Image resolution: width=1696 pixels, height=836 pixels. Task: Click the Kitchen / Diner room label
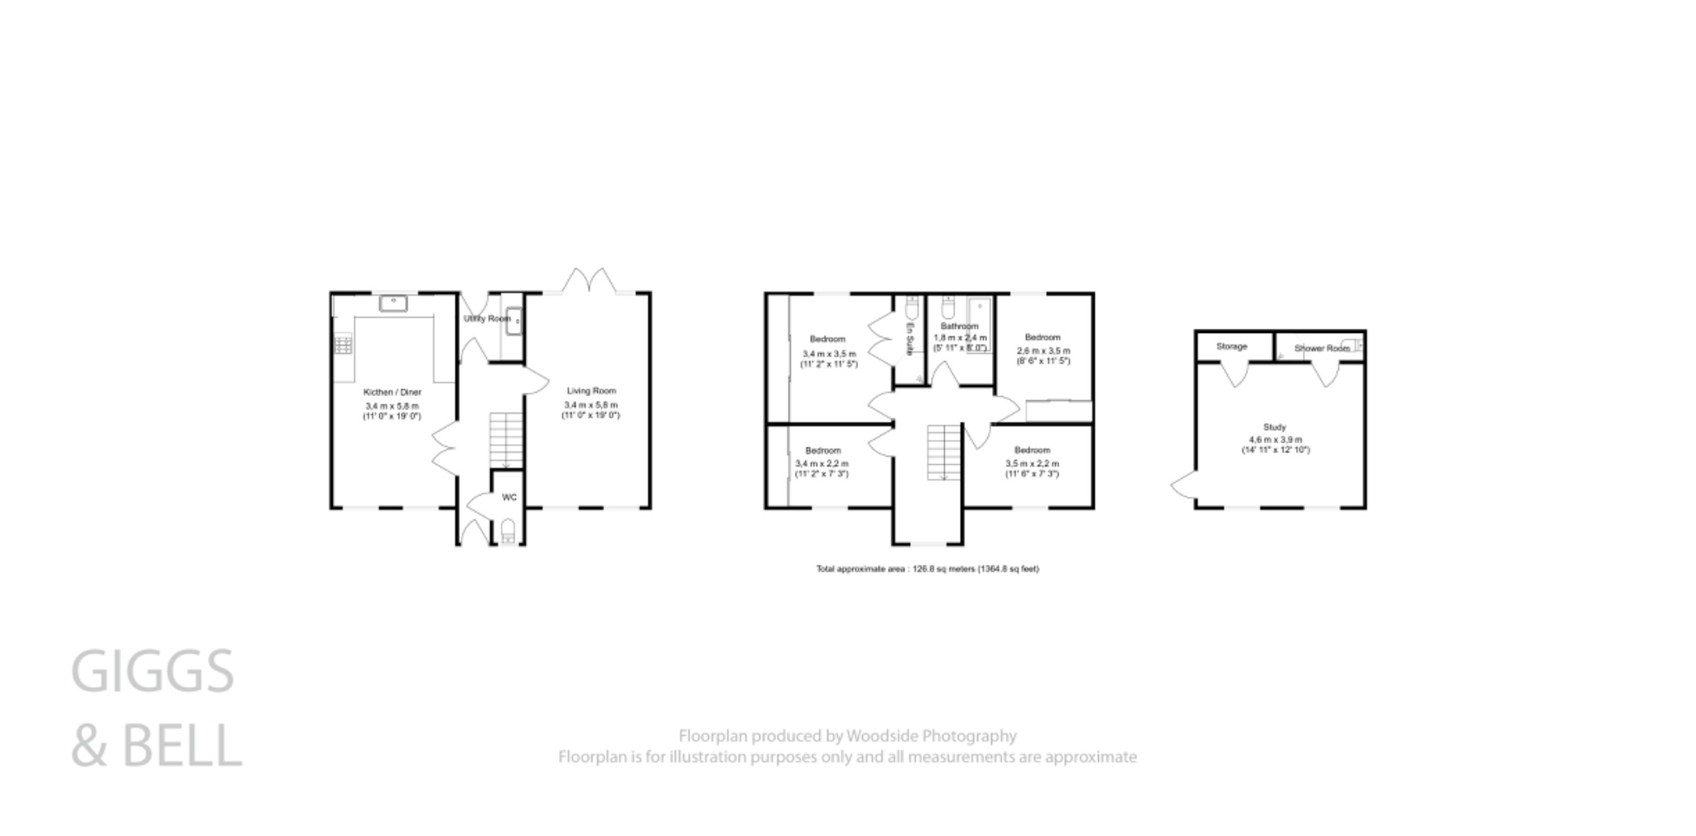click(393, 392)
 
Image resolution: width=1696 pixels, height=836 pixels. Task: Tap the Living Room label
click(591, 390)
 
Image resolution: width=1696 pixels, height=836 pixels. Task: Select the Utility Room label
click(487, 318)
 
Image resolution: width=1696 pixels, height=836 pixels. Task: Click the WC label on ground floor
click(509, 497)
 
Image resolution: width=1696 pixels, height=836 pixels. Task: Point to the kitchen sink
click(393, 303)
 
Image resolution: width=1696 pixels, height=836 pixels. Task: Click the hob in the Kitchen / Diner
click(343, 344)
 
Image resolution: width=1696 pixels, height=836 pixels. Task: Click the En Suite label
click(908, 341)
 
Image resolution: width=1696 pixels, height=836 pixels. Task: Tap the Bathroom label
click(959, 326)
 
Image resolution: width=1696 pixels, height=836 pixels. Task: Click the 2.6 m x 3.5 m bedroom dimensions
click(1043, 355)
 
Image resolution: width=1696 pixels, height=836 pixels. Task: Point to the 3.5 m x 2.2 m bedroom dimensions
click(1032, 469)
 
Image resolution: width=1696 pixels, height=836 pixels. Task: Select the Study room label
click(1274, 428)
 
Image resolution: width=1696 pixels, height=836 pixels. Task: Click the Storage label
click(1231, 346)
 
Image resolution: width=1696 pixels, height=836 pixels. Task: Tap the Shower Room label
click(1321, 348)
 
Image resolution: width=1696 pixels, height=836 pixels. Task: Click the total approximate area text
click(927, 569)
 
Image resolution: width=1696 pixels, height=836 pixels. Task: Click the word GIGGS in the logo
click(153, 671)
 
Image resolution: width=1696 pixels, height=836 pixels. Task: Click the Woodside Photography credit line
click(847, 736)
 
